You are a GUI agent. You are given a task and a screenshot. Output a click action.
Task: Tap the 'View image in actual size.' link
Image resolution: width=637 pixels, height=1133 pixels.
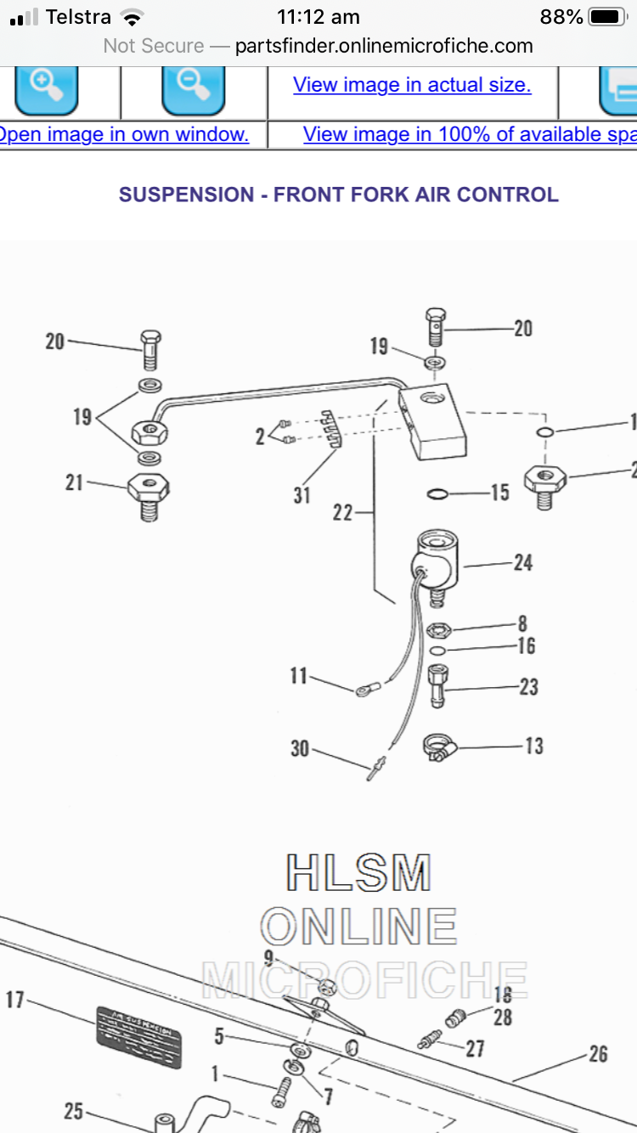[412, 85]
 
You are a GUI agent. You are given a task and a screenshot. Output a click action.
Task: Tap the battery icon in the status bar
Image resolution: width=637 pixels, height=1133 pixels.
[607, 17]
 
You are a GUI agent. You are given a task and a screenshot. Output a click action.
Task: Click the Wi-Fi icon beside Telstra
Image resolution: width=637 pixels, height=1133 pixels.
[132, 17]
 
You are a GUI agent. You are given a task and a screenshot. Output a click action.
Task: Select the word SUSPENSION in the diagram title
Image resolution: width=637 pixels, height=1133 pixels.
[186, 194]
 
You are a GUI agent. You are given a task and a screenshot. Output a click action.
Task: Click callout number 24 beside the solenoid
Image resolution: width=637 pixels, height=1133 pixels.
[523, 562]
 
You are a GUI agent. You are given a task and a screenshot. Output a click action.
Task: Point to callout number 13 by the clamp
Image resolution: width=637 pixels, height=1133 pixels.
[533, 746]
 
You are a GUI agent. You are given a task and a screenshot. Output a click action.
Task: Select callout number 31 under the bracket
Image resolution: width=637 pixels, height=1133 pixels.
[302, 495]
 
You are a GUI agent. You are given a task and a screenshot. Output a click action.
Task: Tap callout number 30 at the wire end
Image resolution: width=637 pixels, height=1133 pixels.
[300, 749]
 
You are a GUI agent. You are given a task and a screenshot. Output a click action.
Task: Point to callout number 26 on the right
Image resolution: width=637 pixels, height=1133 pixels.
[598, 1054]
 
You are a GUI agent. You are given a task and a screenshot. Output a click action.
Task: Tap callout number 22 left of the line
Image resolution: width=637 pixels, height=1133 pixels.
[342, 513]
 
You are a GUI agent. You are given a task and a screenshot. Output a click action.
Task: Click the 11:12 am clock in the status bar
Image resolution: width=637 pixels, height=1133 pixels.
[318, 17]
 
